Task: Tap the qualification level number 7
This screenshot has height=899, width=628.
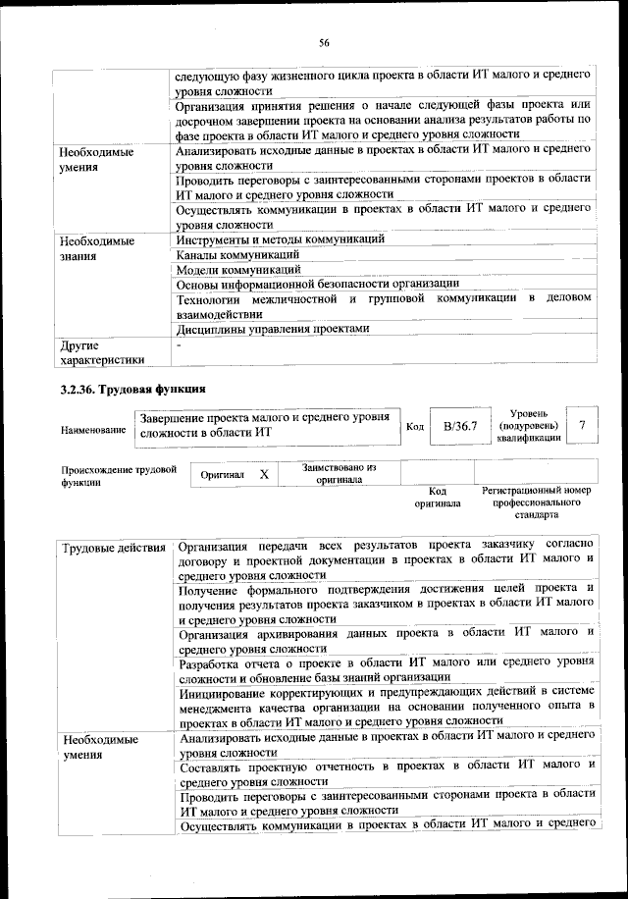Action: [x=583, y=424]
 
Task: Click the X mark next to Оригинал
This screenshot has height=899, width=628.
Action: [x=264, y=474]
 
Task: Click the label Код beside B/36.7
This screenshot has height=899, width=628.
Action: [x=414, y=426]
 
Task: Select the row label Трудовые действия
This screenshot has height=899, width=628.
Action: [x=113, y=546]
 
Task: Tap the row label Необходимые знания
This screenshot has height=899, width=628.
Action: [x=95, y=247]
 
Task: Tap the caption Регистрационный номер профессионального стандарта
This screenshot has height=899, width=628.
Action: [x=536, y=501]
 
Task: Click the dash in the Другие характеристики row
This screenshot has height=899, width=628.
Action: [x=179, y=345]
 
